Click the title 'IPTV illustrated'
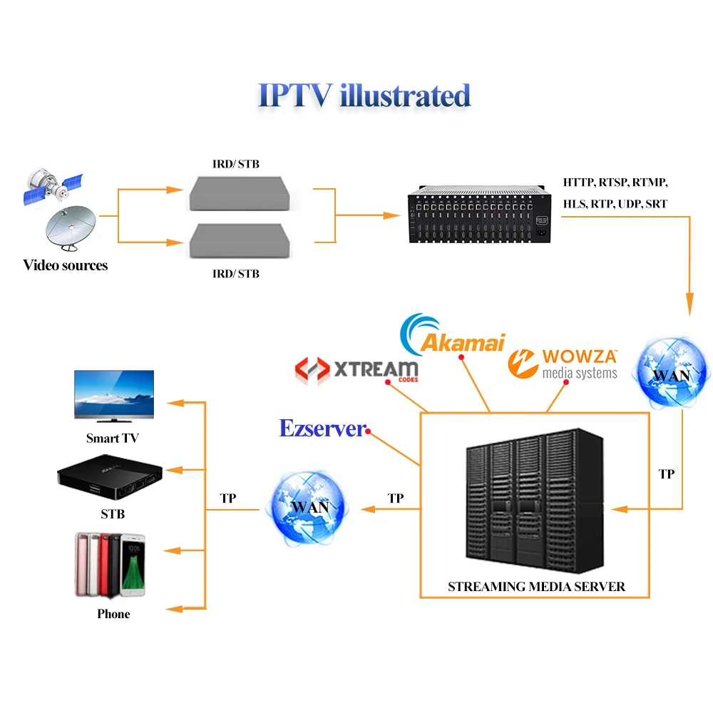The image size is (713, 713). click(x=364, y=95)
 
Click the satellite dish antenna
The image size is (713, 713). click(x=71, y=230)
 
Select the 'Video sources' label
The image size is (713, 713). click(x=65, y=265)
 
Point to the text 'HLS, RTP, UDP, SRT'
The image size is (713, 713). click(x=615, y=204)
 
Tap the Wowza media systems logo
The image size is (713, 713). click(x=563, y=362)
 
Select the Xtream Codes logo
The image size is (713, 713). click(x=356, y=369)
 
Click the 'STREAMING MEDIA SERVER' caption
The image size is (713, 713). click(x=536, y=587)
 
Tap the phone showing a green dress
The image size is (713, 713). click(x=133, y=566)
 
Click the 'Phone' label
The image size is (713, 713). click(x=113, y=613)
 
